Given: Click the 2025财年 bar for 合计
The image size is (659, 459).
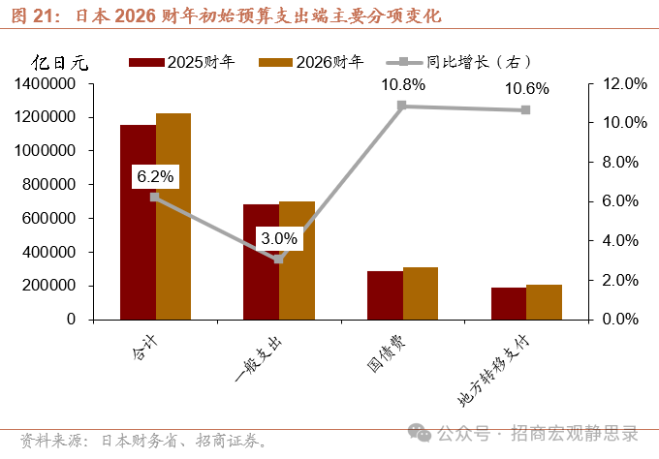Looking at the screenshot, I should click(x=138, y=222).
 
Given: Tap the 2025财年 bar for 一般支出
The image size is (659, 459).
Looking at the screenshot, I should click(x=261, y=261).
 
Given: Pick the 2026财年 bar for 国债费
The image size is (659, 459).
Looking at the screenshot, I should click(x=421, y=293).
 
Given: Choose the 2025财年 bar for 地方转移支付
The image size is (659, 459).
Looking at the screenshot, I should click(x=509, y=303).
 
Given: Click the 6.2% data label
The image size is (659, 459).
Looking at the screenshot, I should click(x=155, y=176).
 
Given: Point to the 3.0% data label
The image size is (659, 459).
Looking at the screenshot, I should click(x=278, y=238).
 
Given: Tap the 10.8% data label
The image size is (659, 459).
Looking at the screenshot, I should click(x=402, y=84).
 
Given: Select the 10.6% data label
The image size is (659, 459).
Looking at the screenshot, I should click(x=526, y=88).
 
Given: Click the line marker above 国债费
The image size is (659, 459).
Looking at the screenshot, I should click(x=402, y=106).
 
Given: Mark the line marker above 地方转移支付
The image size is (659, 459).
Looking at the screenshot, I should click(x=526, y=109).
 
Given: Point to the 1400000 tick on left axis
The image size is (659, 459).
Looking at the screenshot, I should click(x=46, y=84).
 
